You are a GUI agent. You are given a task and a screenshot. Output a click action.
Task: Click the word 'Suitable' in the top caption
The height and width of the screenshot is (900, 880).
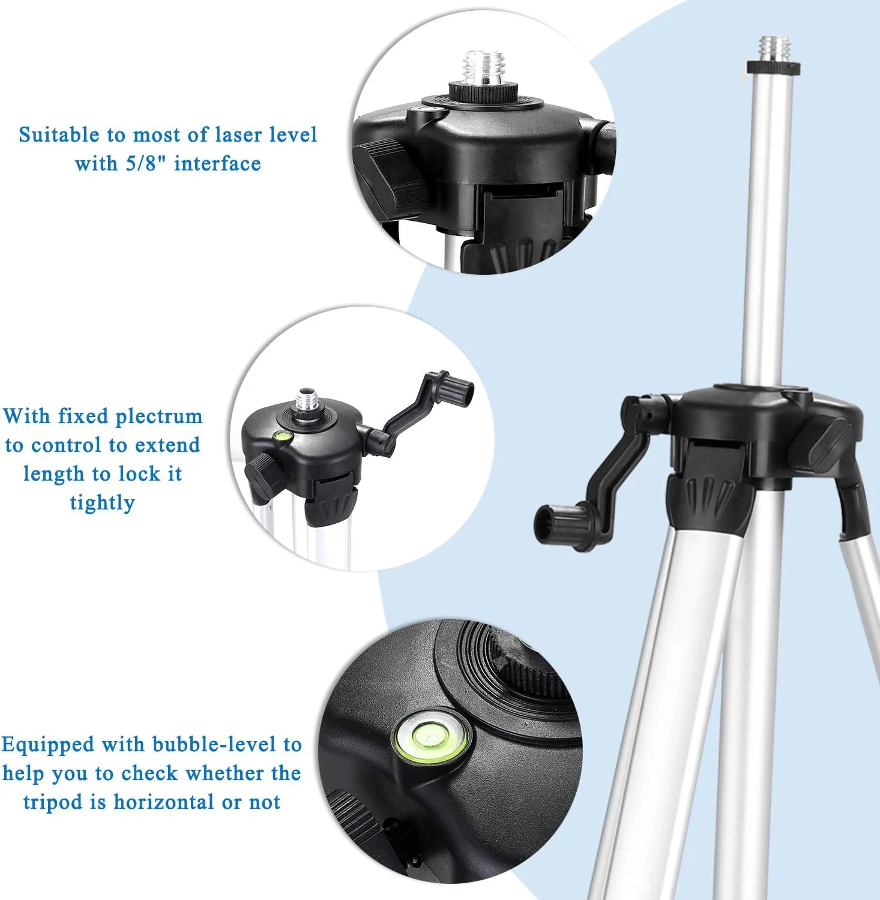click(x=59, y=134)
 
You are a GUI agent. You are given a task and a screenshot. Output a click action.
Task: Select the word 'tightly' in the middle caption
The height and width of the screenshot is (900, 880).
click(x=102, y=503)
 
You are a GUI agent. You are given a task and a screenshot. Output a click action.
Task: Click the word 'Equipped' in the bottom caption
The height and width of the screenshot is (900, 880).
click(x=48, y=745)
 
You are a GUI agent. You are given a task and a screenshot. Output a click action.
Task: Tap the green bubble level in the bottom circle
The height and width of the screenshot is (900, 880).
click(x=432, y=737)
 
